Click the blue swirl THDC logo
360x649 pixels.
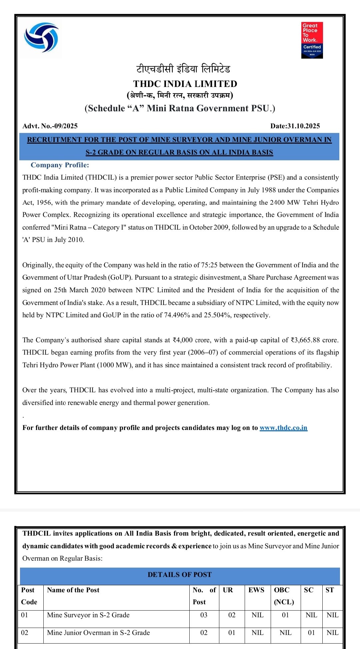pyautogui.click(x=41, y=38)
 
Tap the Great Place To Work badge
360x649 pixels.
pyautogui.click(x=312, y=40)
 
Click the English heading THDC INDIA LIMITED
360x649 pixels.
pyautogui.click(x=185, y=84)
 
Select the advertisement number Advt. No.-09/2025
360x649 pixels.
pyautogui.click(x=50, y=126)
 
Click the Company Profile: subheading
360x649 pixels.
pyautogui.click(x=60, y=165)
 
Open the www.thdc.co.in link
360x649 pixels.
pyautogui.click(x=283, y=428)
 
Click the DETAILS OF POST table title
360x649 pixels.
pyautogui.click(x=179, y=575)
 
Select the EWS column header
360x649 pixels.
pyautogui.click(x=256, y=590)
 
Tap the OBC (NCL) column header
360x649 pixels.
pyautogui.click(x=284, y=596)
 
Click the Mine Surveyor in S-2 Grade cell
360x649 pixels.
pyautogui.click(x=88, y=615)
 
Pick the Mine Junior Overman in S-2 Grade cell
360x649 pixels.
pyautogui.click(x=98, y=633)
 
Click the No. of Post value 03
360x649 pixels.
pyautogui.click(x=204, y=615)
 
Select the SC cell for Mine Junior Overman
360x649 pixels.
pyautogui.click(x=311, y=633)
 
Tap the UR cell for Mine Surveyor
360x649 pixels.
pyautogui.click(x=232, y=615)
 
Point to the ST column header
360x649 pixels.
pyautogui.click(x=330, y=590)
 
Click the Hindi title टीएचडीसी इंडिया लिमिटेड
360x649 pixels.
pyautogui.click(x=183, y=69)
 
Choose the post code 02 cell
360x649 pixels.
pyautogui.click(x=25, y=633)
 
